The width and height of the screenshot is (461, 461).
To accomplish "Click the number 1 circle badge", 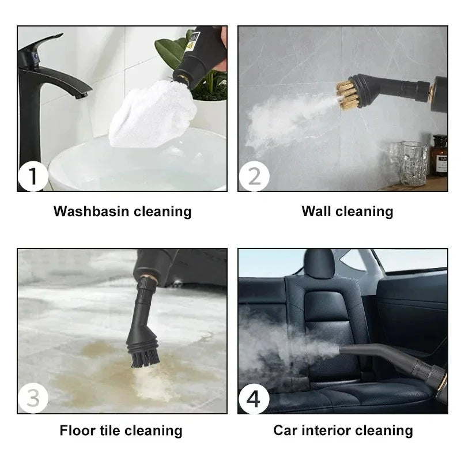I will [x=33, y=176].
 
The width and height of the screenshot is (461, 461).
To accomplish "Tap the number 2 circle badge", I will [x=254, y=176].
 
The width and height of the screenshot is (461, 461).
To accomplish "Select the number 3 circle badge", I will [x=33, y=398].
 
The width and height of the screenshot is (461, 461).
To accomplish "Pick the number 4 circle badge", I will [x=254, y=398].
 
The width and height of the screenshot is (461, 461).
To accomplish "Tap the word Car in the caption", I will [x=286, y=430].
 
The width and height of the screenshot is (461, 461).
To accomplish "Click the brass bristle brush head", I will [x=347, y=95].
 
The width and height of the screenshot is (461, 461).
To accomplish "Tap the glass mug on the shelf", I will [x=414, y=163].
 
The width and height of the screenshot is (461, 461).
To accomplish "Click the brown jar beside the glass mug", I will [x=440, y=155].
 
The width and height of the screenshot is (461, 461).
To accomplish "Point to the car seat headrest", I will [x=319, y=264].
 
